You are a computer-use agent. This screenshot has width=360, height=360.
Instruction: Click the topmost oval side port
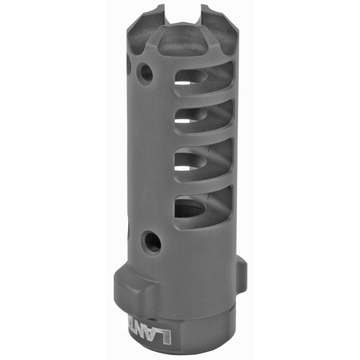[x=204, y=78]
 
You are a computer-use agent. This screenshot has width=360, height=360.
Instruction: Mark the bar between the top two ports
[x=204, y=97]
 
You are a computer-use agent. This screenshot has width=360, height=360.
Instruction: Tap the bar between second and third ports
[x=204, y=137]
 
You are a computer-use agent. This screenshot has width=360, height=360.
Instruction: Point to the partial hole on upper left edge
[x=129, y=65]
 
